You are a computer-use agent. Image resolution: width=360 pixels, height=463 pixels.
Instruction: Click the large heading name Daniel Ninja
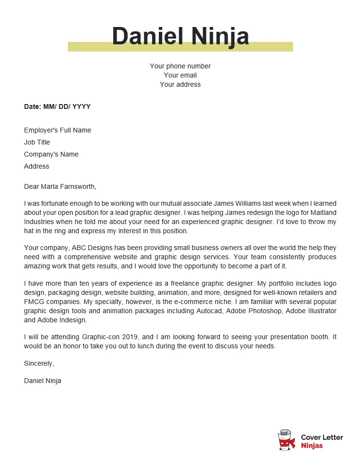180,36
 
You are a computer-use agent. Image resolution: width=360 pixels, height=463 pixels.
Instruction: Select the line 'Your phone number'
180,66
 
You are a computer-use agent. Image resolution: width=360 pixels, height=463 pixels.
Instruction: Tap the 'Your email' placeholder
180,75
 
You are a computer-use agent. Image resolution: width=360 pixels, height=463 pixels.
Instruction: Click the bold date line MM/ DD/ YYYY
57,106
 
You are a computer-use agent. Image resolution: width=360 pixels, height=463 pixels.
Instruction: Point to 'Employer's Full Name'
57,130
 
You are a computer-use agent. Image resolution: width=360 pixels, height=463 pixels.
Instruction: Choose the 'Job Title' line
37,142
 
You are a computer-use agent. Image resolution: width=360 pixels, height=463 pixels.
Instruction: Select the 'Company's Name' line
51,154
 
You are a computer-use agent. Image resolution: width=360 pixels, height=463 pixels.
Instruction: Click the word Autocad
210,311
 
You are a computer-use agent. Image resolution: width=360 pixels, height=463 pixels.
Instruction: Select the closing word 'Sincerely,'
39,363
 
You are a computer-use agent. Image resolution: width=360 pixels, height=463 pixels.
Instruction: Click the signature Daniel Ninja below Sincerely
42,381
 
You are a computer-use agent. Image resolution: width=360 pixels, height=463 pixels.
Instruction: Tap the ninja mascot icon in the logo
287,440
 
